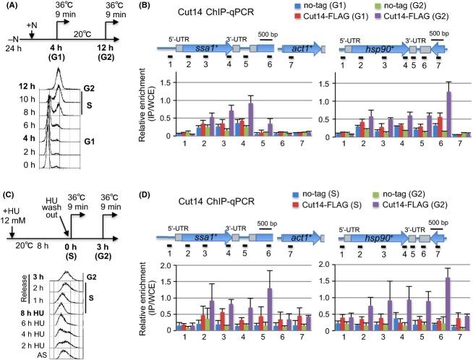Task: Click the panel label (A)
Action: coord(11,7)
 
